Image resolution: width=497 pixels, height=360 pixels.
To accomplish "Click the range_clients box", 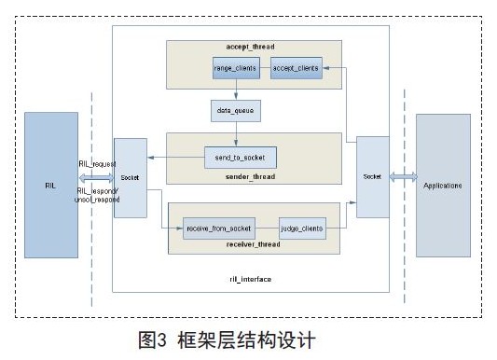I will pyautogui.click(x=236, y=69).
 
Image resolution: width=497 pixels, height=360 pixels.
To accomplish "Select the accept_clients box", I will pyautogui.click(x=296, y=69).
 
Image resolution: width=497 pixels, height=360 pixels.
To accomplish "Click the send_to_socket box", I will pyautogui.click(x=240, y=159).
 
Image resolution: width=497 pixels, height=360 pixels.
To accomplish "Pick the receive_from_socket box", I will pyautogui.click(x=219, y=226).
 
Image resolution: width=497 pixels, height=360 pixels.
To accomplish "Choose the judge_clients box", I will pyautogui.click(x=302, y=226).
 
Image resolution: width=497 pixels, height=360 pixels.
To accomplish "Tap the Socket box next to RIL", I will pyautogui.click(x=129, y=178).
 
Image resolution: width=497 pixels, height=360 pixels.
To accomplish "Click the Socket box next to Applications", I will pyautogui.click(x=371, y=175).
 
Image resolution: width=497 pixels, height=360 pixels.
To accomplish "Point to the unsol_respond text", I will pyautogui.click(x=96, y=200).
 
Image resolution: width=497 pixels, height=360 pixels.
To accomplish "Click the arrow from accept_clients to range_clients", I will pyautogui.click(x=264, y=69).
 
